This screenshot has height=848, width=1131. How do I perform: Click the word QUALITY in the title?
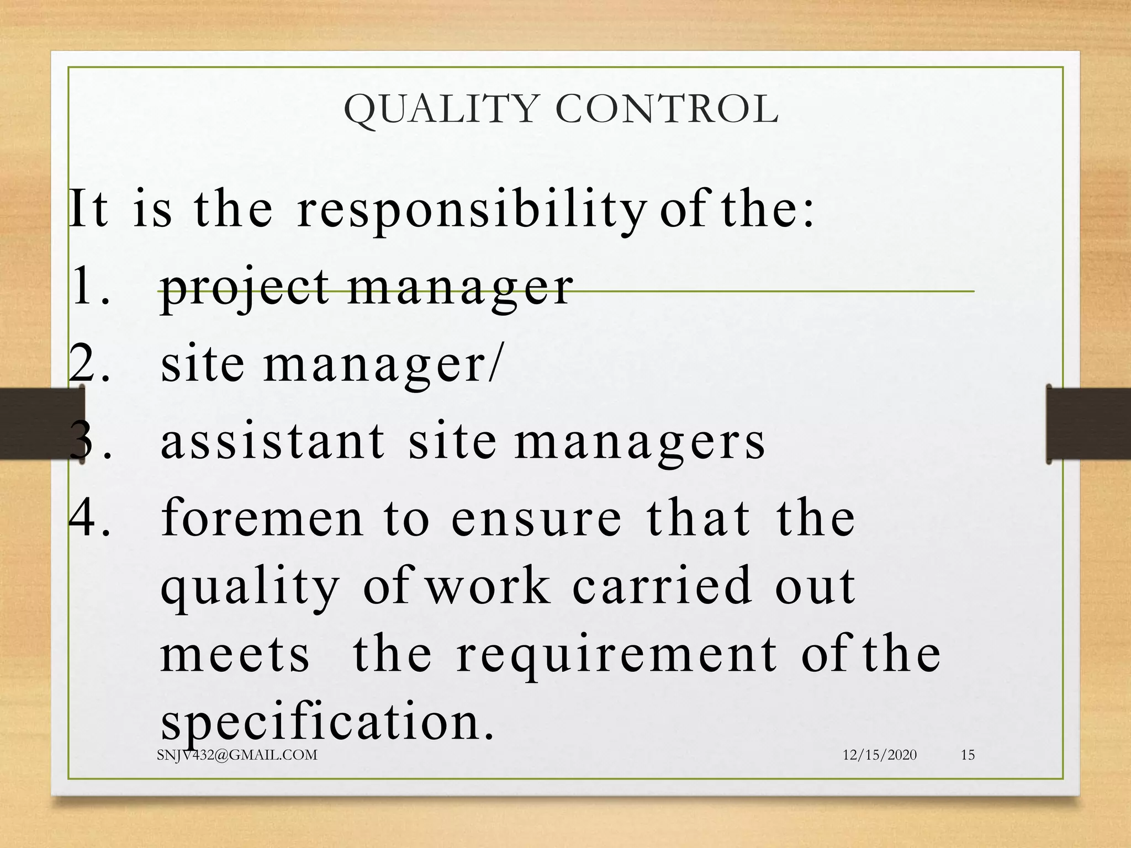click(x=441, y=109)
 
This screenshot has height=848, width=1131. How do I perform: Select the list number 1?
click(x=88, y=287)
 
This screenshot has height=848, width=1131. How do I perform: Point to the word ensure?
click(x=536, y=519)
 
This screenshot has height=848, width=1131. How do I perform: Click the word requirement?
click(x=616, y=656)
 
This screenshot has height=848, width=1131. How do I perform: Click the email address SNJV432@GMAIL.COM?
click(x=237, y=755)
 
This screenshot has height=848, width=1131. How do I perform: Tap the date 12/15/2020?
click(x=879, y=755)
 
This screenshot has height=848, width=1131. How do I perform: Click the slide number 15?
click(x=968, y=755)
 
